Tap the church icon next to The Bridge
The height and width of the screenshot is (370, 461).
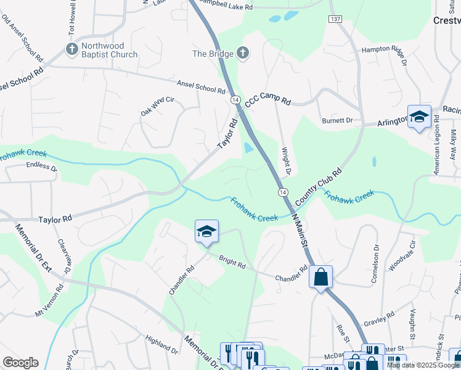tap(242, 54)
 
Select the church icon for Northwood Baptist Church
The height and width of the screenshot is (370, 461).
tap(71, 49)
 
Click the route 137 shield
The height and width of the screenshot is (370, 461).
tap(335, 20)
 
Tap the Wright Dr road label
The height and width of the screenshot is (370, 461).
tap(285, 159)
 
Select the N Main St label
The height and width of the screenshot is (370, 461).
tap(299, 230)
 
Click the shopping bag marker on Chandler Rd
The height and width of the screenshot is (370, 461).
tap(321, 277)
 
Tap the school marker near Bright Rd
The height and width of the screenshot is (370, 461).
tap(206, 232)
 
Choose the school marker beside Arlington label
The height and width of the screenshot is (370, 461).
tap(419, 117)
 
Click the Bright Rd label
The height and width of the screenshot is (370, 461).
tap(232, 261)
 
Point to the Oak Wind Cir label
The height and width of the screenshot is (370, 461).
tap(158, 105)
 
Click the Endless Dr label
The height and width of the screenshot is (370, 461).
tap(42, 166)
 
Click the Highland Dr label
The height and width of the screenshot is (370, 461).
tap(161, 345)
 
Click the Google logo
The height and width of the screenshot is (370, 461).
tap(20, 363)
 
